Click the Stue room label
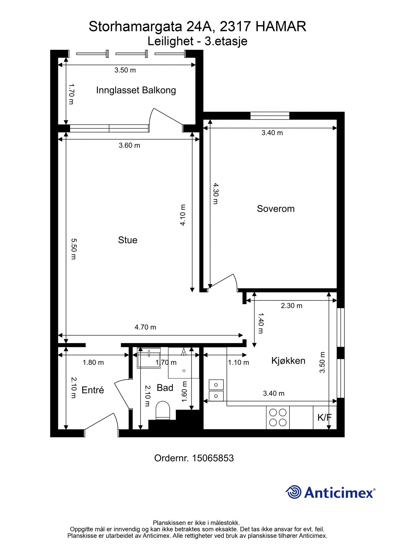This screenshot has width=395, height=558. (128, 240)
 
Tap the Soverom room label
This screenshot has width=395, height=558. (276, 209)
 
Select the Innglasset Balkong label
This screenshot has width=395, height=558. (136, 90)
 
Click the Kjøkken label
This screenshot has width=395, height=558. (288, 361)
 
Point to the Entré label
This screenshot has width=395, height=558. (92, 390)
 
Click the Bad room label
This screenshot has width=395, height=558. (165, 387)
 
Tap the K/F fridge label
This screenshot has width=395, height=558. (325, 418)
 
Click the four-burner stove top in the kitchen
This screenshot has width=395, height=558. (278, 417)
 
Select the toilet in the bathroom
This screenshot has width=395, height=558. (163, 410)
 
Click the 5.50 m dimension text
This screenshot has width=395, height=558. (74, 249)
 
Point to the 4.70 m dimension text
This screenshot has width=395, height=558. (145, 327)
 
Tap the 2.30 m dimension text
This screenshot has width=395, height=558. (291, 306)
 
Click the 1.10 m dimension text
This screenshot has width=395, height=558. (238, 362)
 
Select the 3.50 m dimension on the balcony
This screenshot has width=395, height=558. (125, 70)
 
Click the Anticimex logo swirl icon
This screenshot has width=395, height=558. (294, 492)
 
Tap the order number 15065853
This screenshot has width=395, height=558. (213, 458)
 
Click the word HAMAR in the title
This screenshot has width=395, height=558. (281, 26)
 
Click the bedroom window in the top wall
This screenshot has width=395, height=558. (270, 116)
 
